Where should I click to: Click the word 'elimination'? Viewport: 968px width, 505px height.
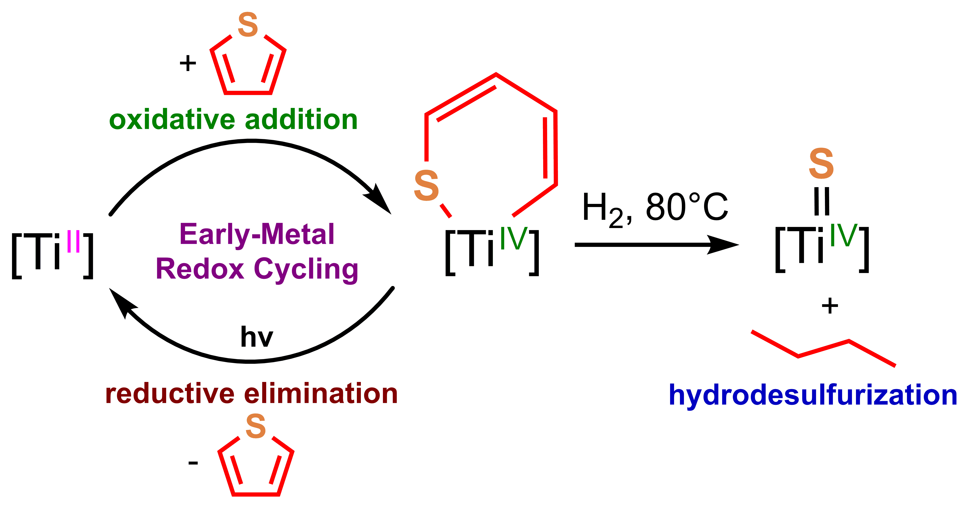(321, 394)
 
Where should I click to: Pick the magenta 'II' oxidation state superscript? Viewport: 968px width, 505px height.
(73, 241)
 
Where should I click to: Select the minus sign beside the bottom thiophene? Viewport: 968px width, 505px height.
(193, 463)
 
